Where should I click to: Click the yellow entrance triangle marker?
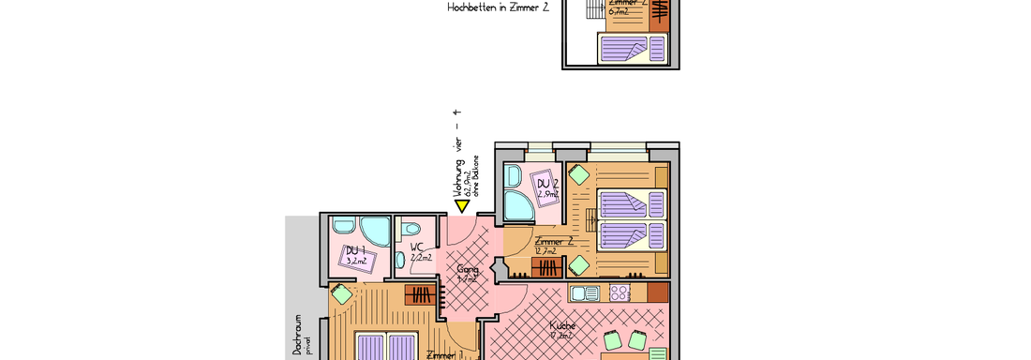(462, 205)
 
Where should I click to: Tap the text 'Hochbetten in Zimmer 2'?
(498, 7)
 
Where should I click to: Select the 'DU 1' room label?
(354, 250)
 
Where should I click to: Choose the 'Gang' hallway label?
(467, 269)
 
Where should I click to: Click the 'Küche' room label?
(561, 325)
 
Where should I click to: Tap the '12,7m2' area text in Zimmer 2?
(545, 251)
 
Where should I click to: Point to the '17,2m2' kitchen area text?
(561, 335)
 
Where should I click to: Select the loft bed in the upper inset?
(622, 45)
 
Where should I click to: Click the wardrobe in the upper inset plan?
(660, 11)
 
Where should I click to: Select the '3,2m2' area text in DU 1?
(355, 262)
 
